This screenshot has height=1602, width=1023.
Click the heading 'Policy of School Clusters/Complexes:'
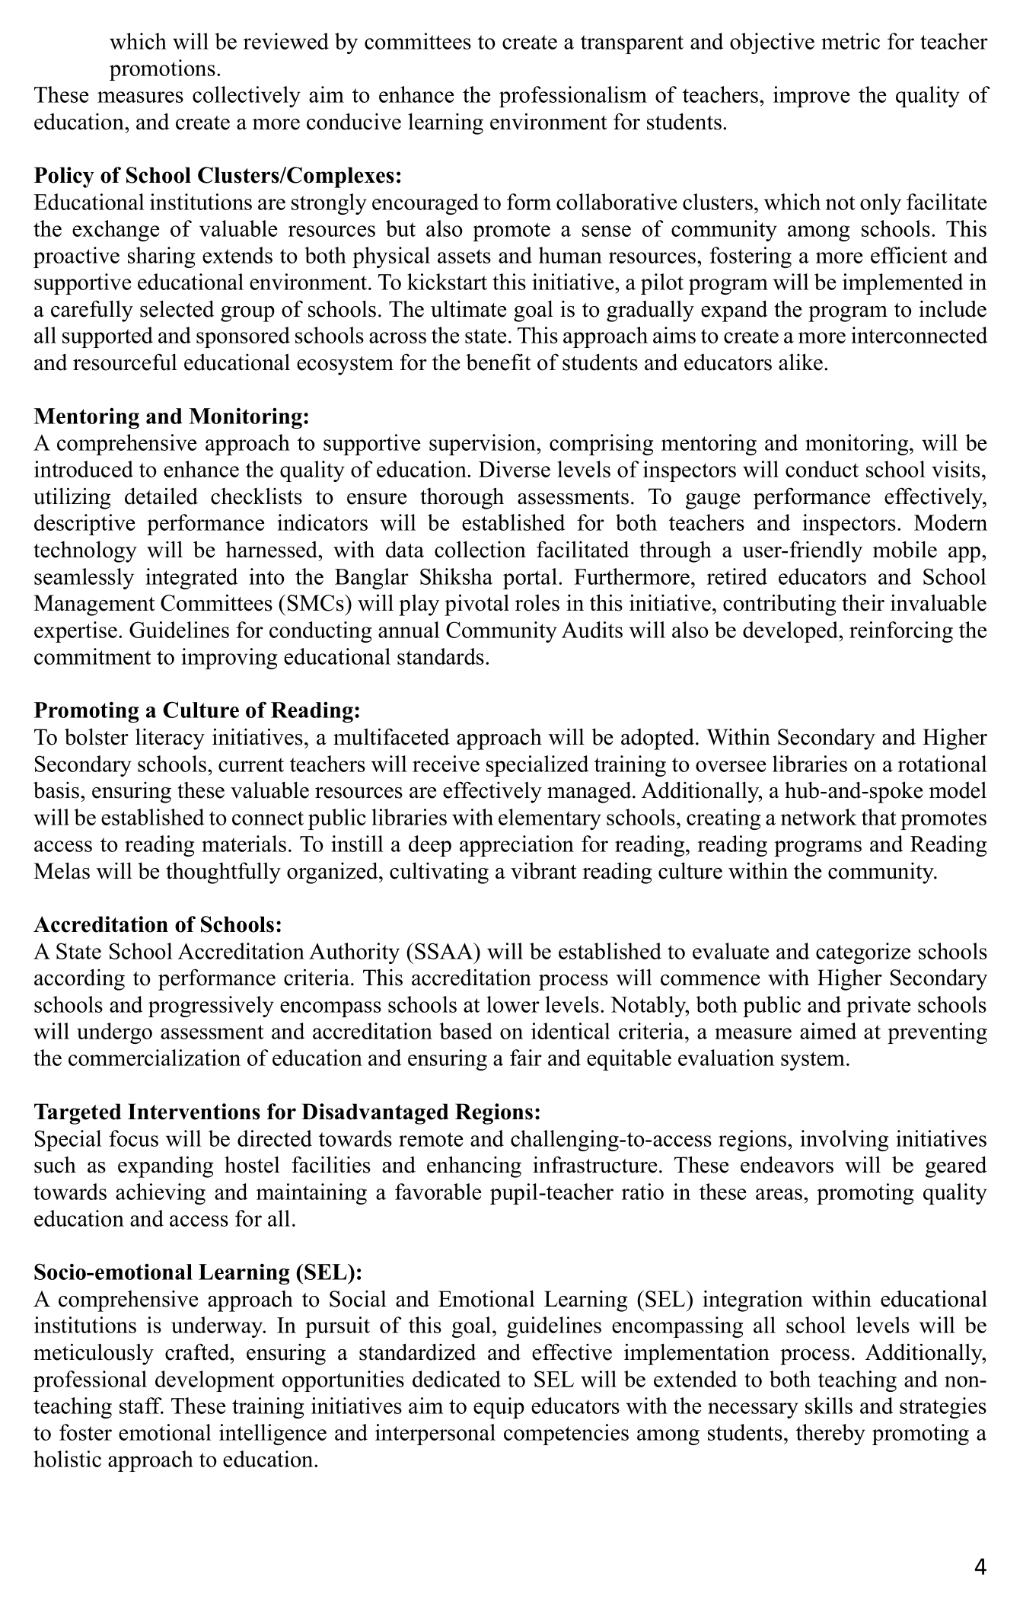pos(217,176)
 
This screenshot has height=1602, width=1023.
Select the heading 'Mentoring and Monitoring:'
pos(172,416)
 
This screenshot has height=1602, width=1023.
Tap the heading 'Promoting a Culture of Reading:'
pos(196,710)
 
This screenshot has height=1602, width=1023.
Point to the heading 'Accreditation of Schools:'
pos(158,924)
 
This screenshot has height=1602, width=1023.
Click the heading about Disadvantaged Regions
pos(287,1112)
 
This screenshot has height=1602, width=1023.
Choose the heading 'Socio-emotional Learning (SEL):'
pos(198,1272)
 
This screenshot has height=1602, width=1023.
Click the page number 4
pos(980,1567)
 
